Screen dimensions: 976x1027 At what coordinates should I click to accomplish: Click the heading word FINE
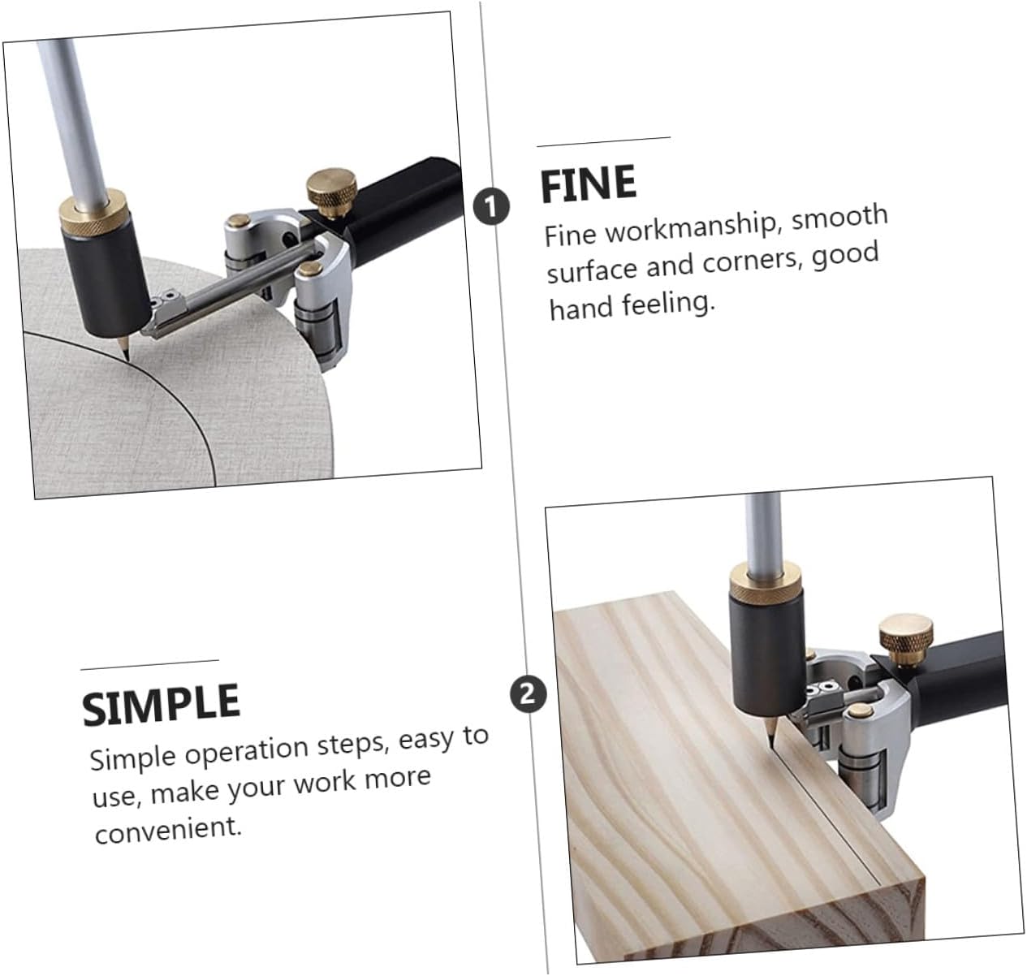click(588, 184)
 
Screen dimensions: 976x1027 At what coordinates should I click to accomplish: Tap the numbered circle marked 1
click(491, 206)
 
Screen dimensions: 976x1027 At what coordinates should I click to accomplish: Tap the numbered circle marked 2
click(528, 694)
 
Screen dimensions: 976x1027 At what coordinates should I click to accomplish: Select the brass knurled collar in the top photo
click(93, 214)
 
